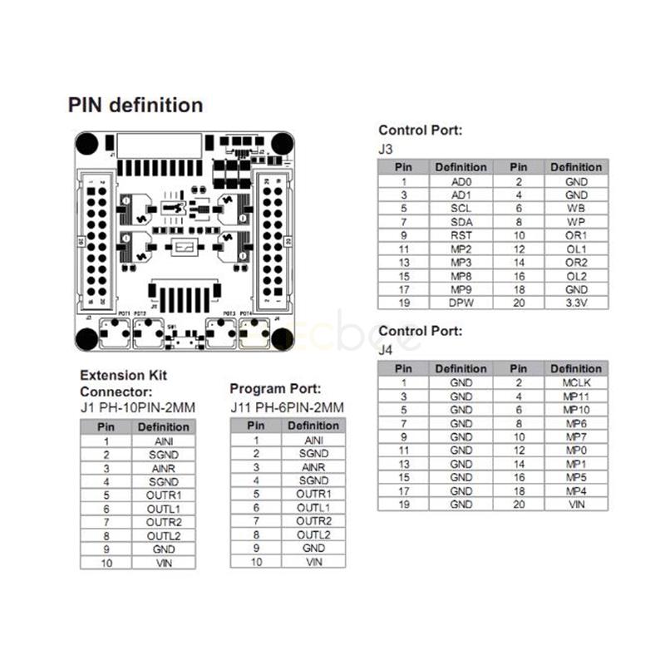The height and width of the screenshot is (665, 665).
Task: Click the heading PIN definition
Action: (135, 106)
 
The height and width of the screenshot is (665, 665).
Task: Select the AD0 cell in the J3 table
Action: (461, 181)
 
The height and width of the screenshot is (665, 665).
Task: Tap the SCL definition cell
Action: (461, 208)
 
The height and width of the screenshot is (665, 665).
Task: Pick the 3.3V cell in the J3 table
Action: (576, 303)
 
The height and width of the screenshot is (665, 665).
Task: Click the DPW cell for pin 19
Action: (461, 303)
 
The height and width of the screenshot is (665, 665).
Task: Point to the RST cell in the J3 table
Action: (461, 235)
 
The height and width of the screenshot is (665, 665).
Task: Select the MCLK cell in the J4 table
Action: (576, 382)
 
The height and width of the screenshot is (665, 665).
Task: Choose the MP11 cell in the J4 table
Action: (576, 397)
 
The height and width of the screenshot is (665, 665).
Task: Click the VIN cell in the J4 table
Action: (576, 505)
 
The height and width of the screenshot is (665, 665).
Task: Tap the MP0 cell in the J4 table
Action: (576, 451)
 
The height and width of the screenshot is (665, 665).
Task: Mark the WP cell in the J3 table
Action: (576, 222)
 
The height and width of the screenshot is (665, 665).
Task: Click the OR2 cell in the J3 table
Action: (576, 262)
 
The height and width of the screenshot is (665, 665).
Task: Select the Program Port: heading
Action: (275, 389)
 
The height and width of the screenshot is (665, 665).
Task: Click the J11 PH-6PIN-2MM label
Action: (287, 406)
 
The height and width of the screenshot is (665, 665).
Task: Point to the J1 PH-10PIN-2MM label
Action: (138, 407)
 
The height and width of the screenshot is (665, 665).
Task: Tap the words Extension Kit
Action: (123, 375)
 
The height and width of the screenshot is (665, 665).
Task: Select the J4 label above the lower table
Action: (386, 350)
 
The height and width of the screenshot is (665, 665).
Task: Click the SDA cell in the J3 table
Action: (461, 222)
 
